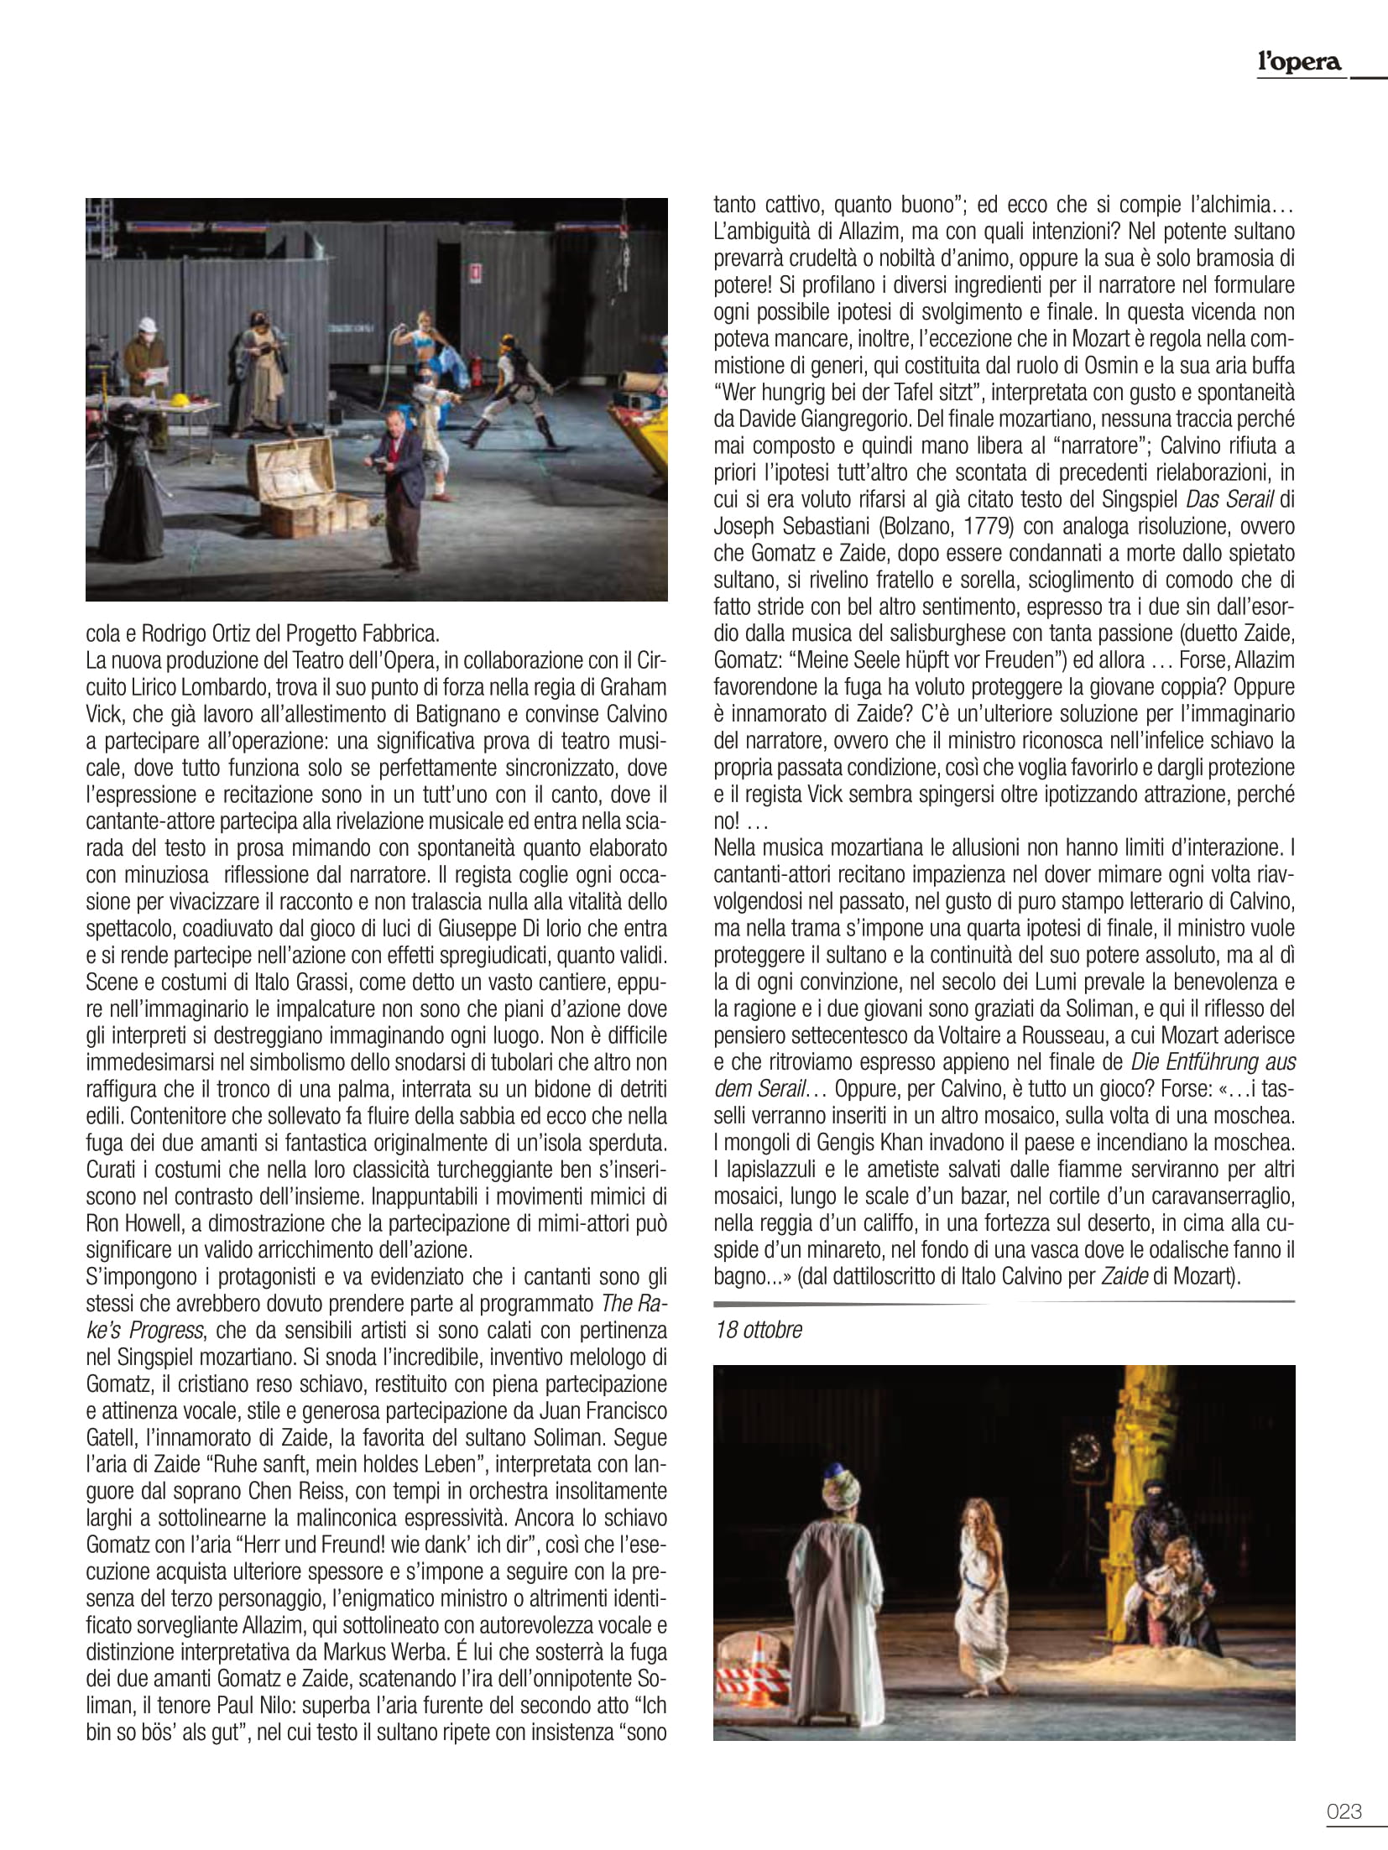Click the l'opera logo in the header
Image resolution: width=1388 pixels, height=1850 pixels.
(1299, 61)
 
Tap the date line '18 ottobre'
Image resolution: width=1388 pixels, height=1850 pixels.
(759, 1330)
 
